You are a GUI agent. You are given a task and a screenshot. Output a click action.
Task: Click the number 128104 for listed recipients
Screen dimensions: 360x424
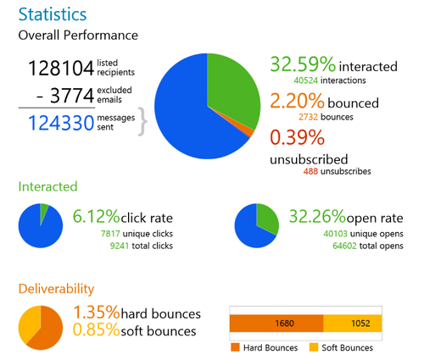pos(61,69)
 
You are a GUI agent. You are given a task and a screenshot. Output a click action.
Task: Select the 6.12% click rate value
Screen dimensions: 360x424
pos(98,218)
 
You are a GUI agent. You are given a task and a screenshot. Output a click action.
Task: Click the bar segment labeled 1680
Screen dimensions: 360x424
pos(276,323)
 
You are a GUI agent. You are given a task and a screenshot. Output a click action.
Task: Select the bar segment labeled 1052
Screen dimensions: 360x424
pos(353,323)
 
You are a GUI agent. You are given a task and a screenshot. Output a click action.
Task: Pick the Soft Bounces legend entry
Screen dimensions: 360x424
pos(344,347)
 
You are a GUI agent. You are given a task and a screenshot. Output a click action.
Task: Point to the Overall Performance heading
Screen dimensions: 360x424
pos(78,36)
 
